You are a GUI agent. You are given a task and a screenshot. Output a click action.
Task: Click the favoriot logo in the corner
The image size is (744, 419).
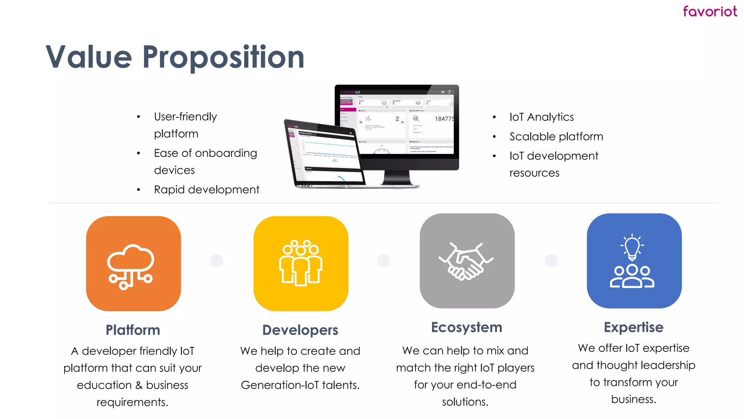pyautogui.click(x=709, y=12)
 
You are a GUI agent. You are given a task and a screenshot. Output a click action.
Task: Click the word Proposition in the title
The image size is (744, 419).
pyautogui.click(x=223, y=57)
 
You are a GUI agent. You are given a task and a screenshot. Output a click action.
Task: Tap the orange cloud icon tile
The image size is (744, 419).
pyautogui.click(x=133, y=264)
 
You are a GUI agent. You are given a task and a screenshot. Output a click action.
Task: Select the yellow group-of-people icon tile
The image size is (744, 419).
pyautogui.click(x=301, y=264)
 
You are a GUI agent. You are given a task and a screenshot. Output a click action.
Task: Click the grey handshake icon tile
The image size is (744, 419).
pyautogui.click(x=467, y=261)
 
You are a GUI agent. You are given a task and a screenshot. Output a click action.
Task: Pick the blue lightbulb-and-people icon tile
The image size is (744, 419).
pyautogui.click(x=634, y=261)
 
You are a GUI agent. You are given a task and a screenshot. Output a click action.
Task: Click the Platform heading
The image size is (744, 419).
pyautogui.click(x=133, y=330)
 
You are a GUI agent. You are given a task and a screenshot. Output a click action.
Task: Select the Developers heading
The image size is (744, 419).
pyautogui.click(x=300, y=330)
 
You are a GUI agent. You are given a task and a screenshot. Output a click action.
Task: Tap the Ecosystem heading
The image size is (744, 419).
pyautogui.click(x=466, y=327)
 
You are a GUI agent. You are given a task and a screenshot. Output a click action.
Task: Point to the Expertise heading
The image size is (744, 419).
pyautogui.click(x=634, y=327)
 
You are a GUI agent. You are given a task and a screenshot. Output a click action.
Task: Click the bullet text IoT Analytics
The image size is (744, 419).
pyautogui.click(x=541, y=117)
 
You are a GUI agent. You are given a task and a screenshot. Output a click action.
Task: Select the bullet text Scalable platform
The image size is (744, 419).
pyautogui.click(x=556, y=137)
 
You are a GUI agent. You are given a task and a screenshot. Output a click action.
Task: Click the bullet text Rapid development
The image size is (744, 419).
pyautogui.click(x=206, y=189)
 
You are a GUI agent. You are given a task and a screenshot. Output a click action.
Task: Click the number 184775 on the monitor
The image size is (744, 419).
pyautogui.click(x=444, y=119)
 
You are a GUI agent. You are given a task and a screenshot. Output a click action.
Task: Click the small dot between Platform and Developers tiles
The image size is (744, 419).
pyautogui.click(x=217, y=261)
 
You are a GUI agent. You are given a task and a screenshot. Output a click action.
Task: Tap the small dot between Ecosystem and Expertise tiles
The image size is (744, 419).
pyautogui.click(x=551, y=261)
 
